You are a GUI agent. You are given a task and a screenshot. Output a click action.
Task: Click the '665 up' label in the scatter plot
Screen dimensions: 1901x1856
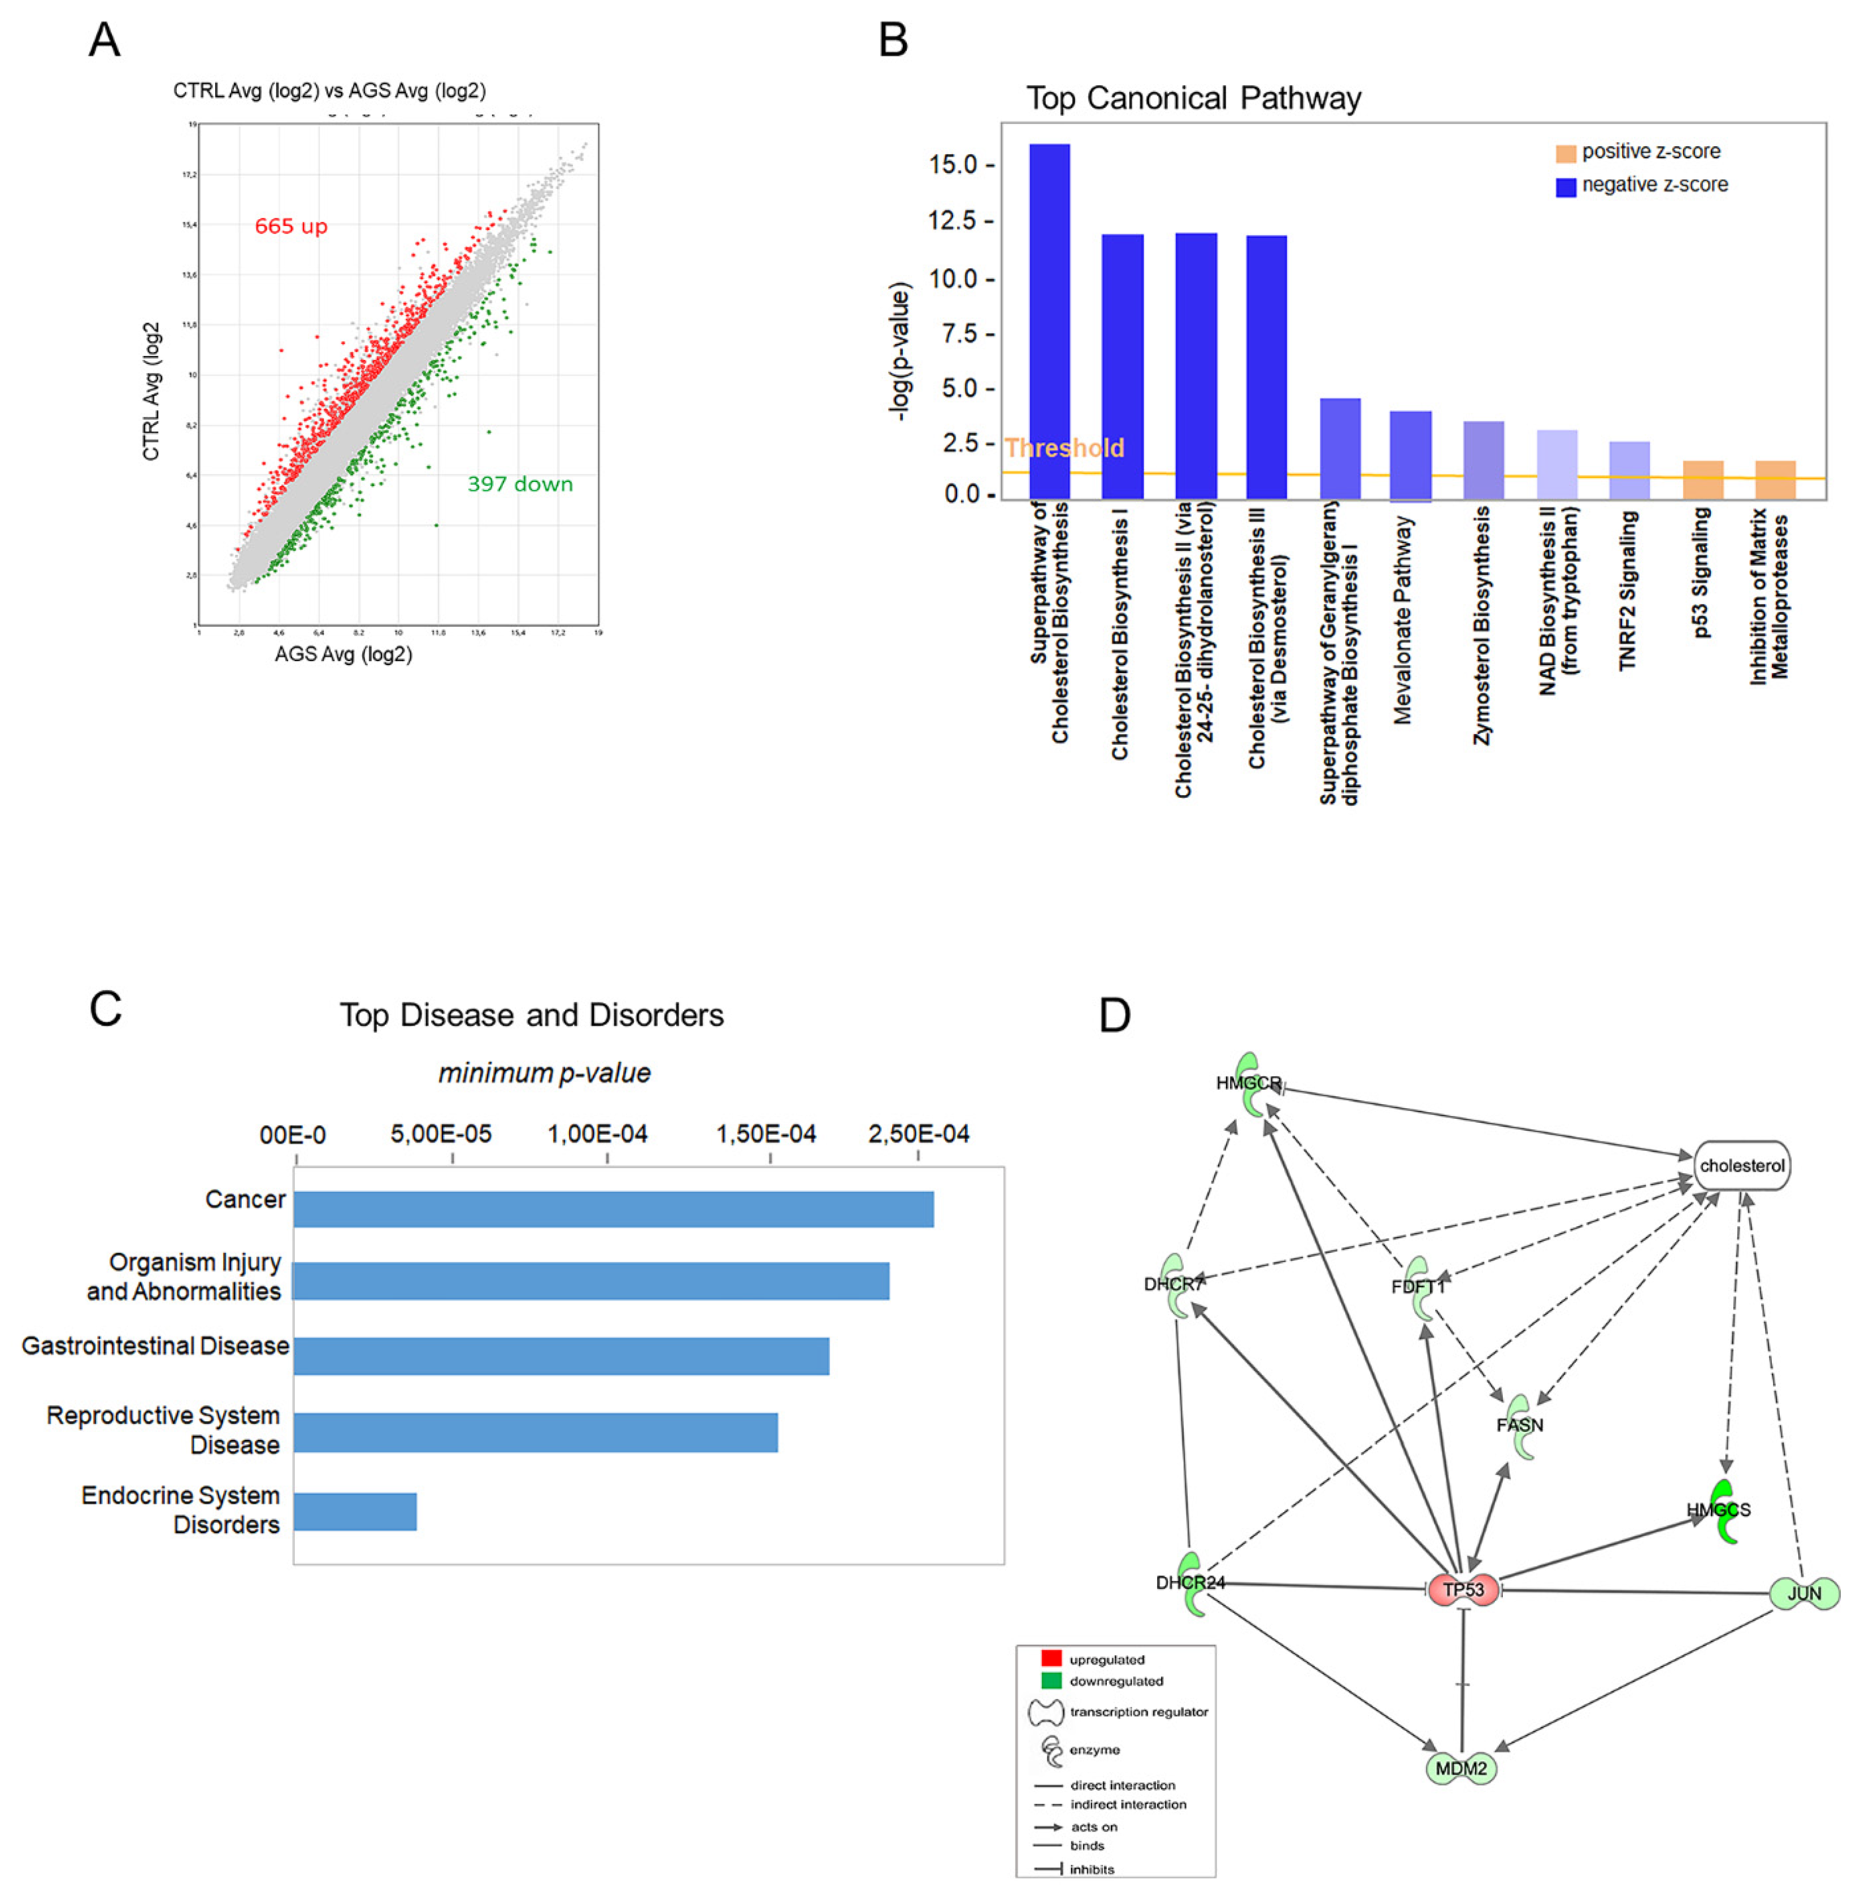tap(290, 226)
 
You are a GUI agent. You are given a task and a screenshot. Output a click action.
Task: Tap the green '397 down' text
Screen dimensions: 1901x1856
tap(520, 484)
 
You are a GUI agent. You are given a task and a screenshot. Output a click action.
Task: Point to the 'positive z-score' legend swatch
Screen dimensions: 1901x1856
tap(1566, 153)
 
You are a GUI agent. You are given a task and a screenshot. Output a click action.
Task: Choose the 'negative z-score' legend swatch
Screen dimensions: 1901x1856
tap(1566, 186)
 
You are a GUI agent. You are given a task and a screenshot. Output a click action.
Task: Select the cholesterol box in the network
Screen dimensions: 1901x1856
tap(1742, 1165)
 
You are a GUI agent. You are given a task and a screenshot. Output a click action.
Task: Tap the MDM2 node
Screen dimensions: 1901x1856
tap(1461, 1768)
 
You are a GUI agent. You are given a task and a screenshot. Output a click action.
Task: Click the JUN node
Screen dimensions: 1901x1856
tap(1803, 1593)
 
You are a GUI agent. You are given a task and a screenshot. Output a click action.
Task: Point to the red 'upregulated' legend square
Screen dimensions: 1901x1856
tap(1051, 1658)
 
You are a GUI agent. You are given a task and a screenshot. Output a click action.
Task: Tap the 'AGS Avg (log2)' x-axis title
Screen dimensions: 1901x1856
tap(343, 654)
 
